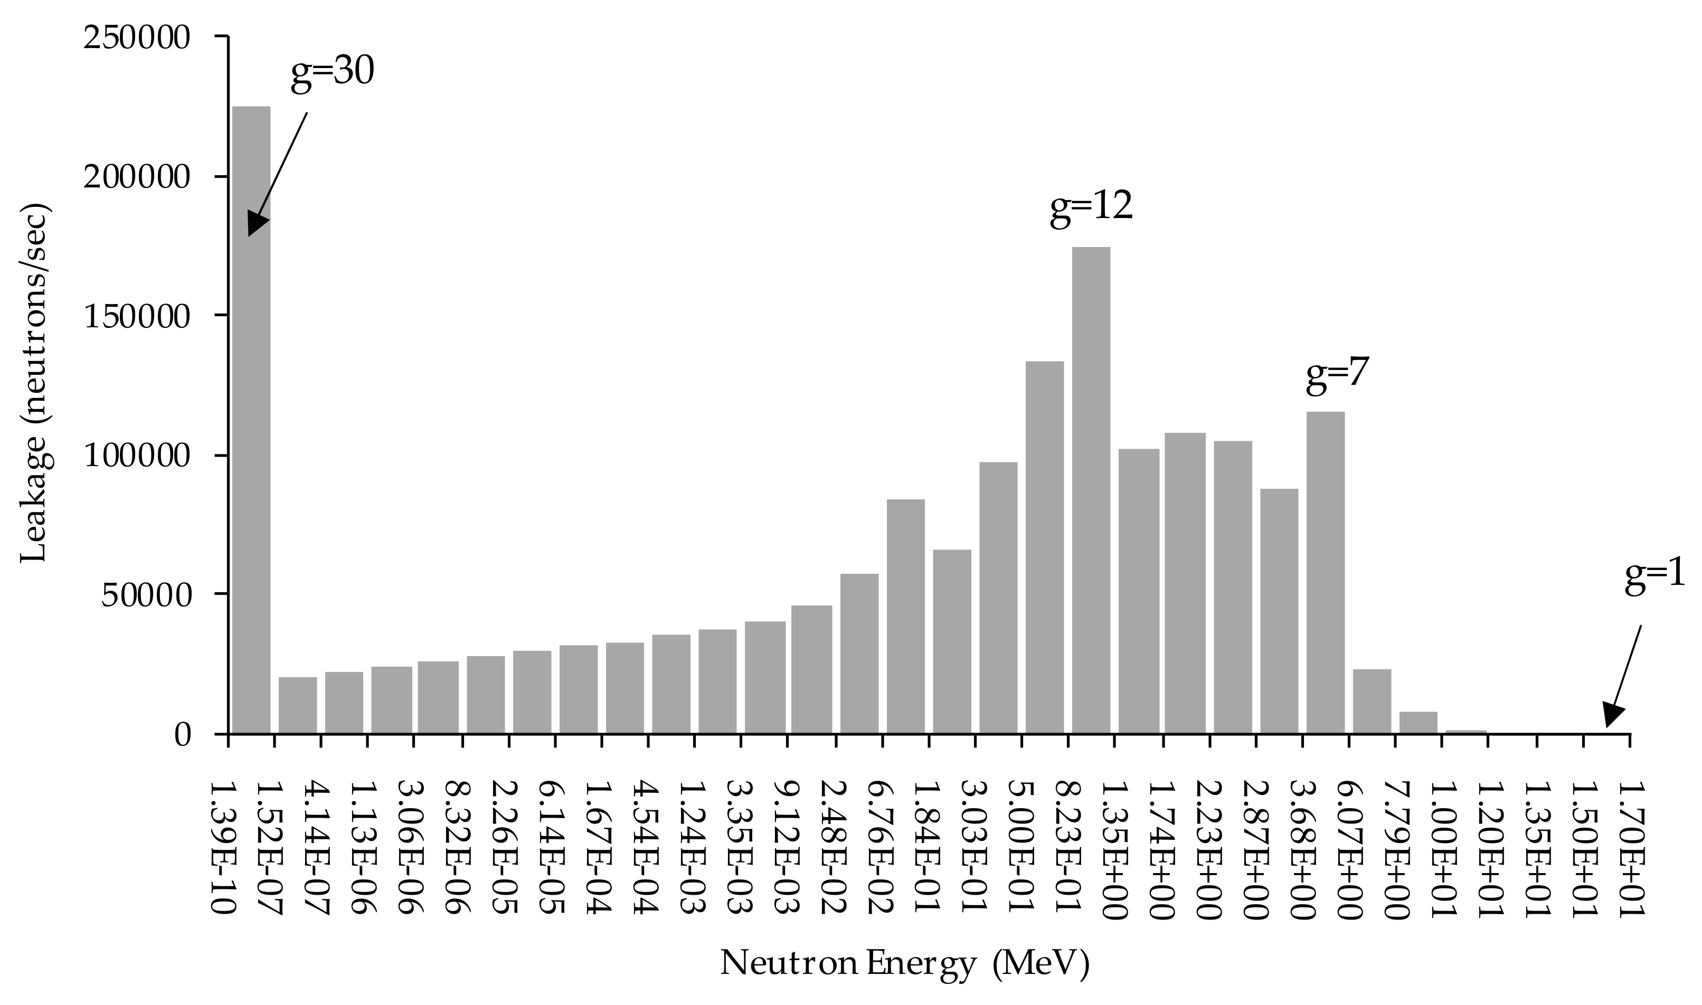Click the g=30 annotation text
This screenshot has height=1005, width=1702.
[x=332, y=71]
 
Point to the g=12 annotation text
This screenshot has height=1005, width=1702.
[x=1091, y=206]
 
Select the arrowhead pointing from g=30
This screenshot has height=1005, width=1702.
[x=256, y=223]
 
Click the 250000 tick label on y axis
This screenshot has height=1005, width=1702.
[x=136, y=37]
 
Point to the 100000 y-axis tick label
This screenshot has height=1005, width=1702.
[x=136, y=455]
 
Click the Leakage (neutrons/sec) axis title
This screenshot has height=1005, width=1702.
[x=34, y=383]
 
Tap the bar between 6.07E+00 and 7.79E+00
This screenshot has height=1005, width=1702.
[x=1372, y=701]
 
